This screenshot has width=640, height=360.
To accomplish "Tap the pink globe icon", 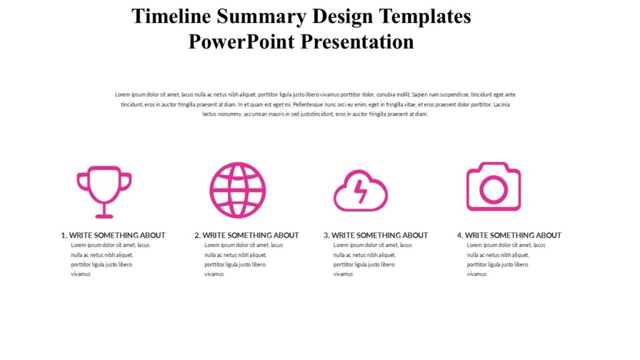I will coord(237,190).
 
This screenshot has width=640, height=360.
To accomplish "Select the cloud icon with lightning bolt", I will coord(361,191).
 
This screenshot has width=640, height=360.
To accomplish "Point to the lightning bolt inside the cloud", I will coord(361,192).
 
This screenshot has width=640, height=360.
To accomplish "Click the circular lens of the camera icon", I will coord(494,189).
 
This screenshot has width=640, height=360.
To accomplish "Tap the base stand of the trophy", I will coord(104,216).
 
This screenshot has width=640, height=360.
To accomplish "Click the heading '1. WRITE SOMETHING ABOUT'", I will coord(113,235).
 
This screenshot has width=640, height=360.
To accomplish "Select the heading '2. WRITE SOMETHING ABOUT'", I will coord(246,235).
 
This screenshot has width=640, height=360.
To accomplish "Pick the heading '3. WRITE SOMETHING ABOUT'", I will coord(376,235).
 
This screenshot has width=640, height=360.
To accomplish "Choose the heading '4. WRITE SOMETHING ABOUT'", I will coord(509,235).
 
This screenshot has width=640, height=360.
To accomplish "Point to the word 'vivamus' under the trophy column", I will coord(81,274).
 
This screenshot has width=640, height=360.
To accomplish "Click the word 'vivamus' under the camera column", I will coord(476,274).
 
